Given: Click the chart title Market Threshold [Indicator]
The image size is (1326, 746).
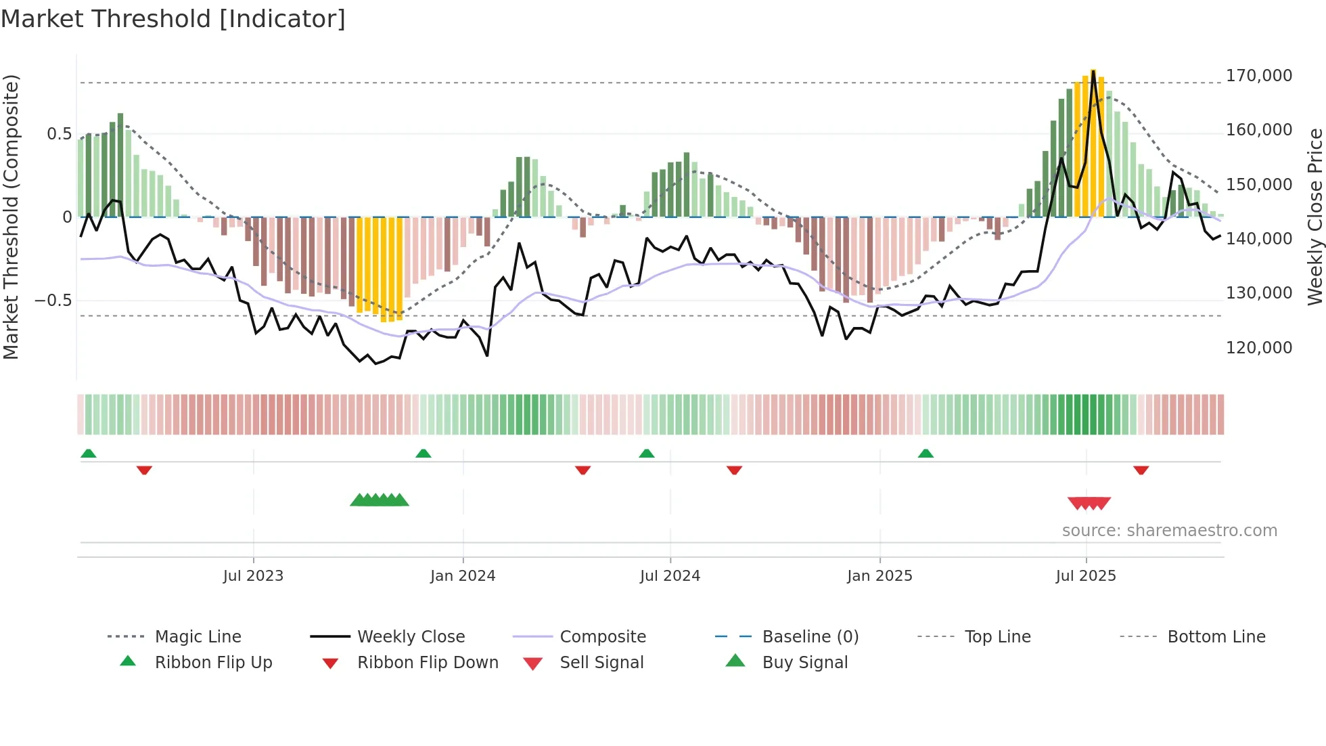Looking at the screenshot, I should pyautogui.click(x=173, y=19).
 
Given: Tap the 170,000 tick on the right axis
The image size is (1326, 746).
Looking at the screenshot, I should pyautogui.click(x=1258, y=76).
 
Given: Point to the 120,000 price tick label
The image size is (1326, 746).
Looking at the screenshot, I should pyautogui.click(x=1258, y=348).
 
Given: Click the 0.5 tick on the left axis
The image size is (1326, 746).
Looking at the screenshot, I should pyautogui.click(x=60, y=134).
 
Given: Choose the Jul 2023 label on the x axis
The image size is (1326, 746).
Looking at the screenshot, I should pyautogui.click(x=253, y=576).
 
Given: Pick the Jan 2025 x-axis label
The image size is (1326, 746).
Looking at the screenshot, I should pyautogui.click(x=879, y=576).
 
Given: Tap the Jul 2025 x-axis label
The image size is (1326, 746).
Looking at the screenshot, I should pyautogui.click(x=1086, y=576).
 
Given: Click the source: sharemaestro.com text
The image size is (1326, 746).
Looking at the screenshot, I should pyautogui.click(x=1169, y=531).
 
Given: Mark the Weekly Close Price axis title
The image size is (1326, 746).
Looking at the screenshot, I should pyautogui.click(x=1314, y=217).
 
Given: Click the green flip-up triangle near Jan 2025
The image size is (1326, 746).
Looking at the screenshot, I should pyautogui.click(x=925, y=454).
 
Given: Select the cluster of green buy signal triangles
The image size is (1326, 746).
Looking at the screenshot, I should pyautogui.click(x=380, y=500).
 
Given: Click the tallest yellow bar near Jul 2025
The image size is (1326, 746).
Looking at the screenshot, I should pyautogui.click(x=1093, y=142).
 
